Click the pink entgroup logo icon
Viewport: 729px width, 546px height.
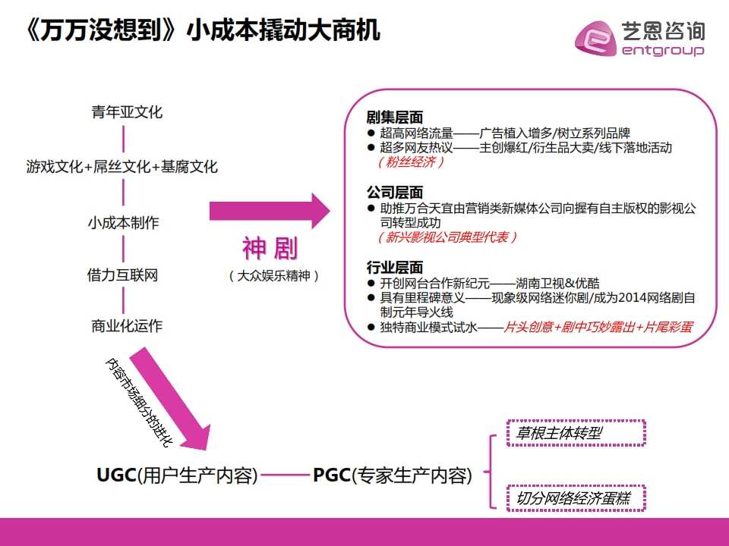point(595,38)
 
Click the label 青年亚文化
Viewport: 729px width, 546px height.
point(127,112)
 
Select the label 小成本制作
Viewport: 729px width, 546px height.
point(124,223)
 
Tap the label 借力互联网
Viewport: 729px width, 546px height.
point(123,275)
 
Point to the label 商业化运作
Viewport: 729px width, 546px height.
point(127,326)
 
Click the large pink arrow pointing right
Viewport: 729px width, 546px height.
point(270,212)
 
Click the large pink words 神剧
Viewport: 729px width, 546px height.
point(270,249)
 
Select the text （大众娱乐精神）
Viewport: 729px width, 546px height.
point(274,276)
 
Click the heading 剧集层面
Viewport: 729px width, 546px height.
point(395,117)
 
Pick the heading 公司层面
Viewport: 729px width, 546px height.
point(395,192)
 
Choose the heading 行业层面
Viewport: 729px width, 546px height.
point(395,268)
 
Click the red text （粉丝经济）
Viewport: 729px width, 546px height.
point(411,162)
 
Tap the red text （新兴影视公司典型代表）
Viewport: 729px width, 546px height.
point(447,237)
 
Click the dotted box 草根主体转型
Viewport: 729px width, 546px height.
point(576,433)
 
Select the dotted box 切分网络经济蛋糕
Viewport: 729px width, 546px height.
point(576,498)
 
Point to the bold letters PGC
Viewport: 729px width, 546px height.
point(332,475)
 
